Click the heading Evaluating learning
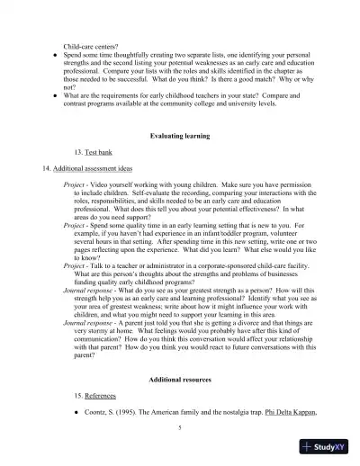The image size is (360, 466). tap(179, 135)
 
